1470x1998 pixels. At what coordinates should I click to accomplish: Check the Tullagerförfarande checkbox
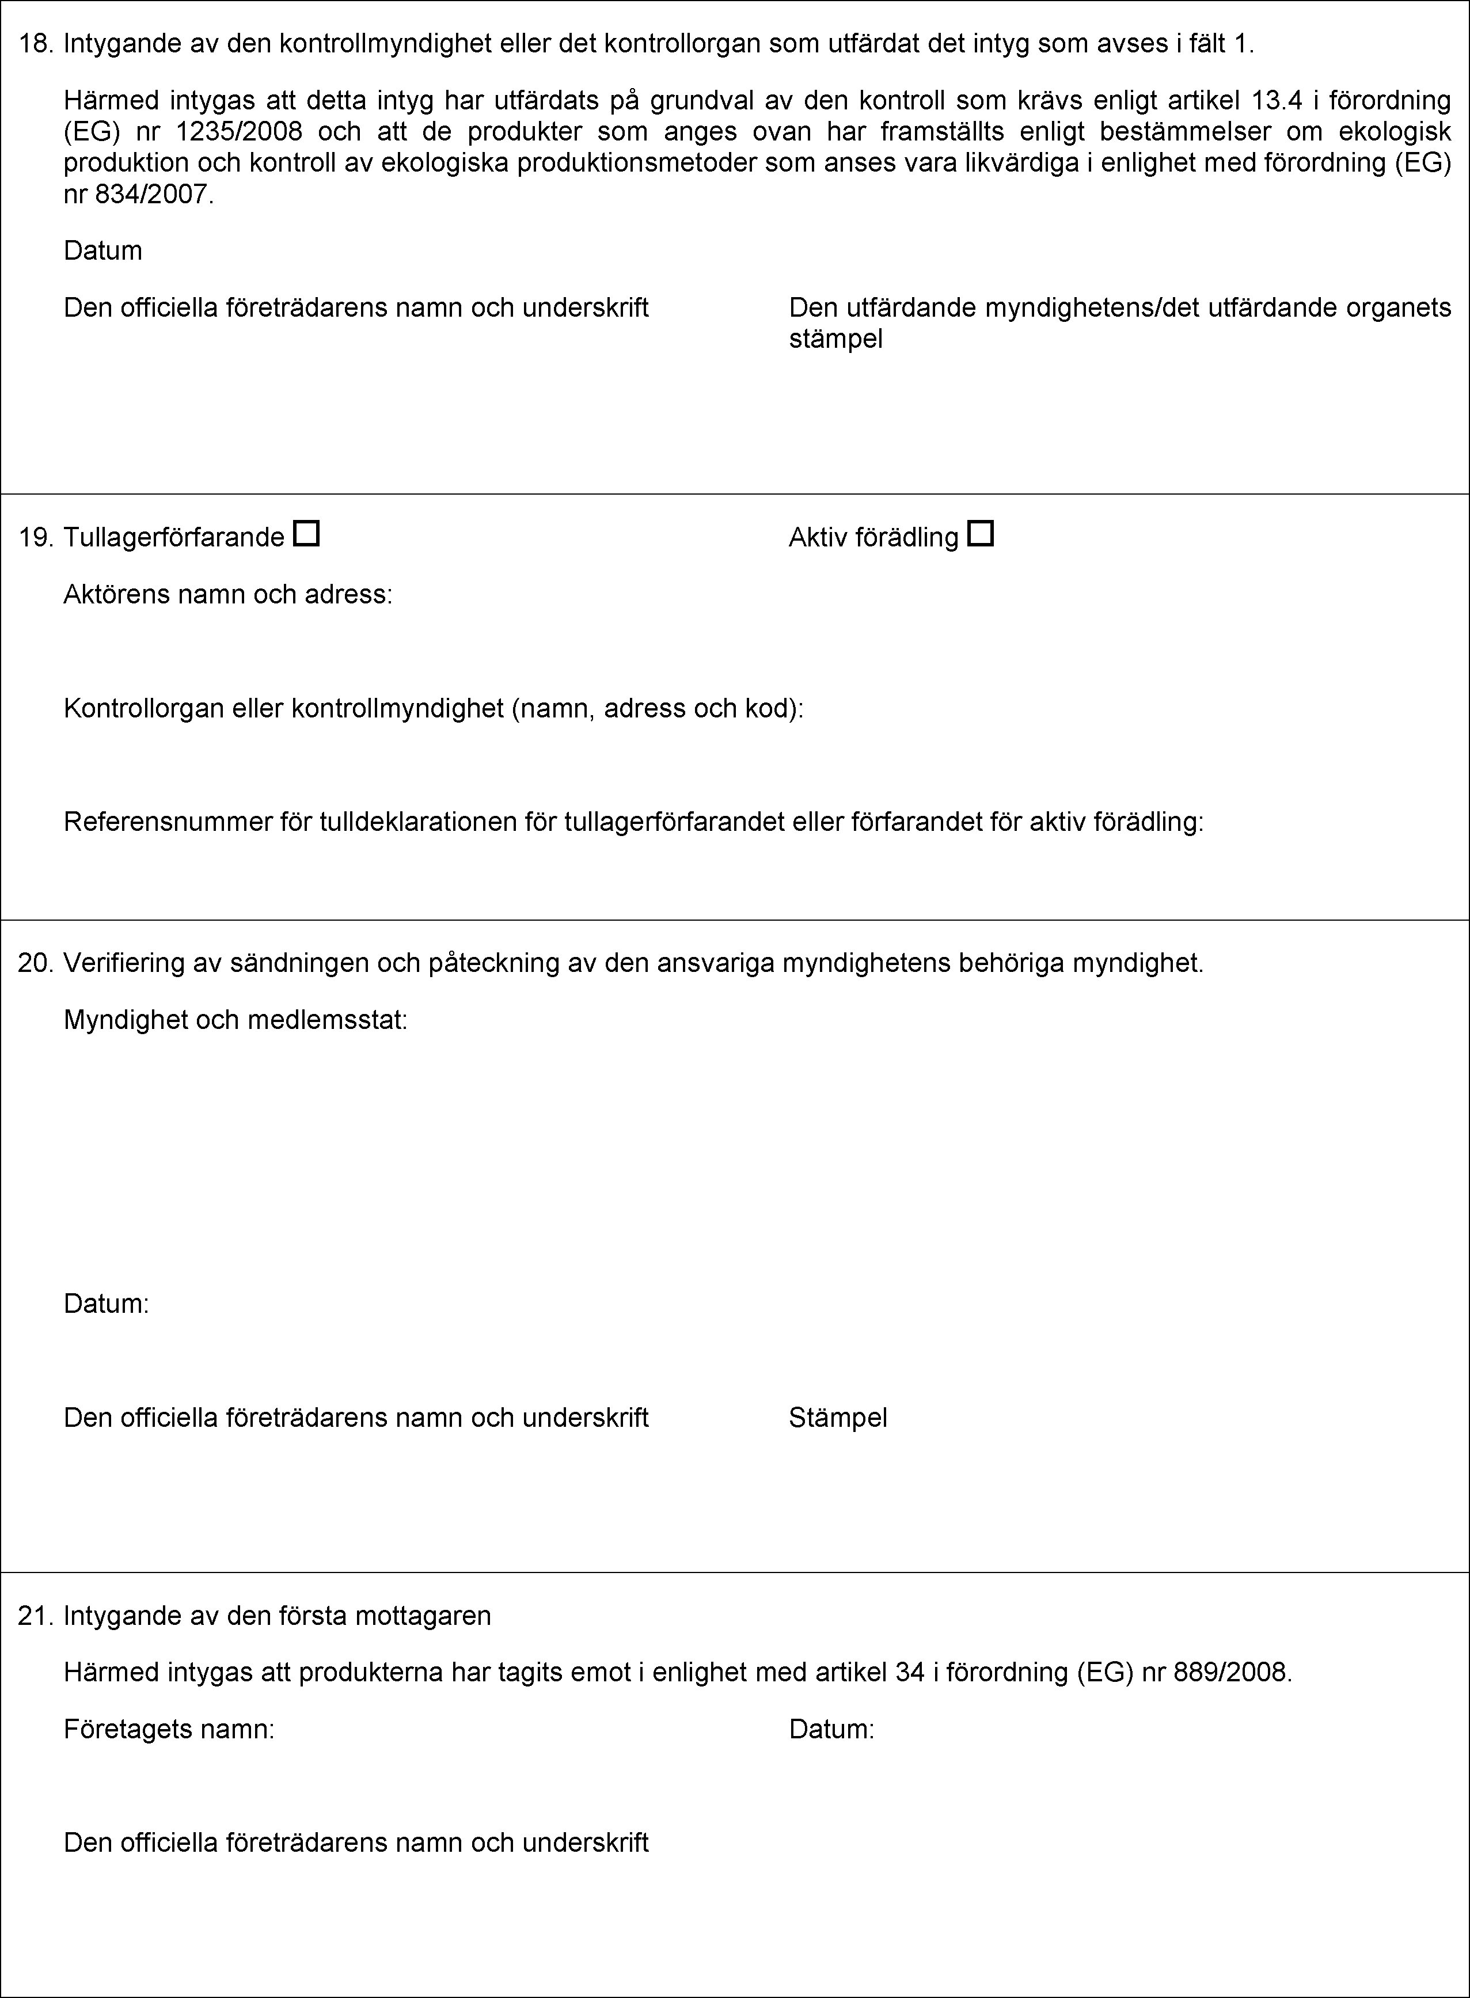(306, 535)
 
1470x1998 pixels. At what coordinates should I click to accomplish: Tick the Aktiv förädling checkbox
(981, 535)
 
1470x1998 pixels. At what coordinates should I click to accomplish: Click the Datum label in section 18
(102, 251)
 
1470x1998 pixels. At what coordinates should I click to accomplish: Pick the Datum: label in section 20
(106, 1304)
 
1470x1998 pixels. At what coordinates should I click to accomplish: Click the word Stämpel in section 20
(837, 1417)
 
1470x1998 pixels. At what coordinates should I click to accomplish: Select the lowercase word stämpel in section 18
(835, 338)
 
